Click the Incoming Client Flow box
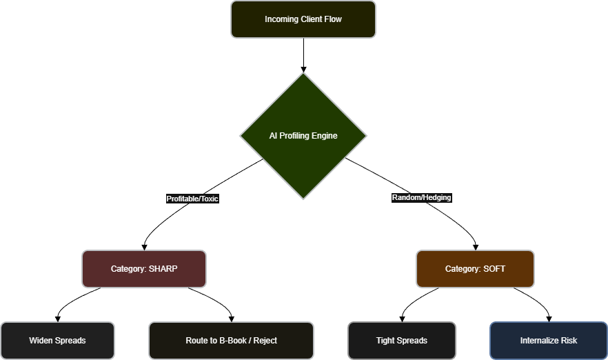pyautogui.click(x=303, y=19)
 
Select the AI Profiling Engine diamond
pyautogui.click(x=303, y=136)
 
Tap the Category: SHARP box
pyautogui.click(x=144, y=269)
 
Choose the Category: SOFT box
pyautogui.click(x=475, y=269)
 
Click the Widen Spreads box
pyautogui.click(x=57, y=341)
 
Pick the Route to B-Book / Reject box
pyautogui.click(x=231, y=341)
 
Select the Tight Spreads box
pyautogui.click(x=401, y=341)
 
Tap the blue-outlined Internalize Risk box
pyautogui.click(x=549, y=341)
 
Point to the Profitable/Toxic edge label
pyautogui.click(x=192, y=199)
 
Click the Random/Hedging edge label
pyautogui.click(x=421, y=197)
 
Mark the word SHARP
pyautogui.click(x=163, y=269)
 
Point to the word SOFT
pyautogui.click(x=494, y=269)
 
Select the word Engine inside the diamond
pyautogui.click(x=324, y=136)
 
